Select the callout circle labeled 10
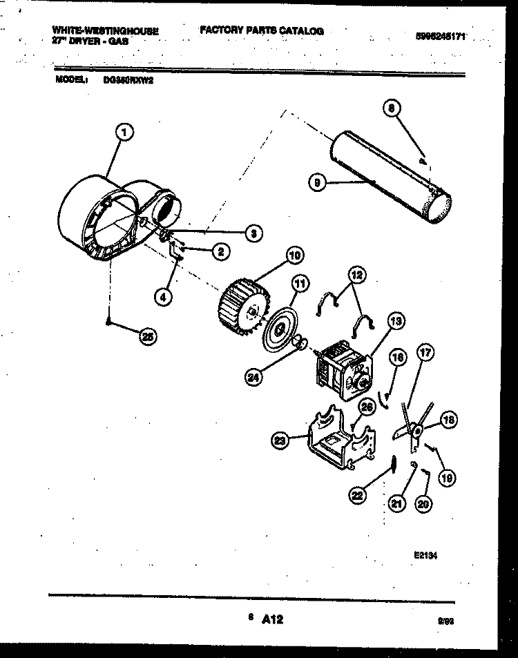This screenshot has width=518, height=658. point(295,255)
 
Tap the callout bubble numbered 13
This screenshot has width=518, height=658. point(396,320)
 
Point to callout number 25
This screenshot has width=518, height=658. point(147,336)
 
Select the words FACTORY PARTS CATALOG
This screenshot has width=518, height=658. point(262,31)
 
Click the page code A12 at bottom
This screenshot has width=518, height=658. point(273,620)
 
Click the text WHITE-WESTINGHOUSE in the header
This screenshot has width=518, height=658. point(105,32)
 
